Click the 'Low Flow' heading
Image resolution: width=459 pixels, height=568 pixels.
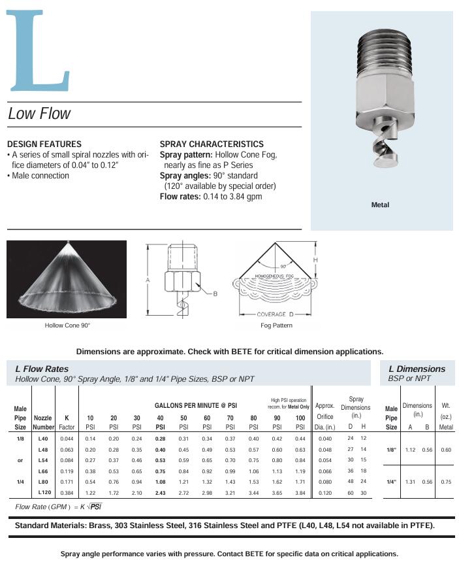pyautogui.click(x=39, y=114)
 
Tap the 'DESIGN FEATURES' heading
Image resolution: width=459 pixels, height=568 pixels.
pyautogui.click(x=44, y=144)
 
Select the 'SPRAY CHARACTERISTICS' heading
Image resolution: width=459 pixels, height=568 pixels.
pyautogui.click(x=212, y=144)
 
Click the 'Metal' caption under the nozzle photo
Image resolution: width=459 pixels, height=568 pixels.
pyautogui.click(x=380, y=205)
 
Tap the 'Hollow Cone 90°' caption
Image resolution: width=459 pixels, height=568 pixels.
pyautogui.click(x=67, y=325)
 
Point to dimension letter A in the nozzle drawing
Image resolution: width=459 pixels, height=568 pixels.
pyautogui.click(x=148, y=279)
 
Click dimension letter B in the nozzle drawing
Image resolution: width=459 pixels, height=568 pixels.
pyautogui.click(x=215, y=293)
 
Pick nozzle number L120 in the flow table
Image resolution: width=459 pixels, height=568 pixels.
pyautogui.click(x=44, y=492)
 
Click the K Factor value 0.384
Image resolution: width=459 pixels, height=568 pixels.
pyautogui.click(x=67, y=492)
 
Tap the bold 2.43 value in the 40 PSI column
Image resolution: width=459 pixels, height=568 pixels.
pyautogui.click(x=160, y=492)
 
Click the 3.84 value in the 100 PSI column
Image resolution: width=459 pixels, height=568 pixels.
pyautogui.click(x=300, y=492)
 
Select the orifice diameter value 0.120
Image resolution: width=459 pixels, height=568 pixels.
pyautogui.click(x=324, y=492)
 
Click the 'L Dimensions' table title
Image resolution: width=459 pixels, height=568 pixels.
pyautogui.click(x=417, y=369)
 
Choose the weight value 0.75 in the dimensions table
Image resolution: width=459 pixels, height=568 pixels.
pyautogui.click(x=446, y=482)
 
